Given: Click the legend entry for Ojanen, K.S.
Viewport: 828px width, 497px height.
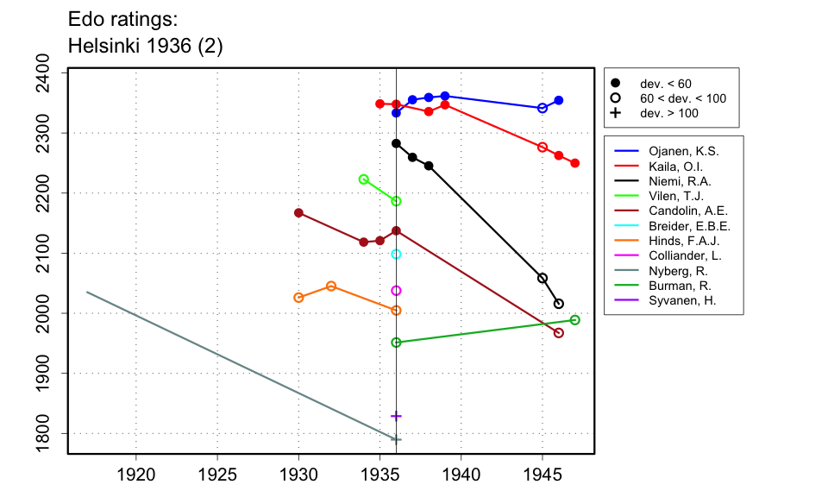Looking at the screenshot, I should [x=682, y=151].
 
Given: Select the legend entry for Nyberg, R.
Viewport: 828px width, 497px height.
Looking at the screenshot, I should [x=677, y=271].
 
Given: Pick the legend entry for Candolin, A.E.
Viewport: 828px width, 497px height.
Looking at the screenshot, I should [x=688, y=211].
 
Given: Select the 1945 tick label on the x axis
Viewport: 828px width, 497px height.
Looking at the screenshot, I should [x=543, y=474].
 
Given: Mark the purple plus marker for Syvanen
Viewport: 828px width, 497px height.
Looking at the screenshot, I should [x=396, y=416].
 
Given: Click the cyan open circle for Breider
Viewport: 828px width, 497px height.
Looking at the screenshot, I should [x=396, y=254].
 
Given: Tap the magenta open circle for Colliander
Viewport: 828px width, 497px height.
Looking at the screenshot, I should [x=396, y=291].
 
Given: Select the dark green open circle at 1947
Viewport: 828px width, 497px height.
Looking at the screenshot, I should [x=575, y=320].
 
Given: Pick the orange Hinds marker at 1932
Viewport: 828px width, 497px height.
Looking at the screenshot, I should [x=331, y=286].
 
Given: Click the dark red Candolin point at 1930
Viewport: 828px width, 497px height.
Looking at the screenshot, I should [x=298, y=213].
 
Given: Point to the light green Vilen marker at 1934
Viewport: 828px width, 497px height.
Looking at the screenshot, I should [x=364, y=179].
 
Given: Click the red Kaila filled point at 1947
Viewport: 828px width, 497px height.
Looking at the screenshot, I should [x=575, y=163].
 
